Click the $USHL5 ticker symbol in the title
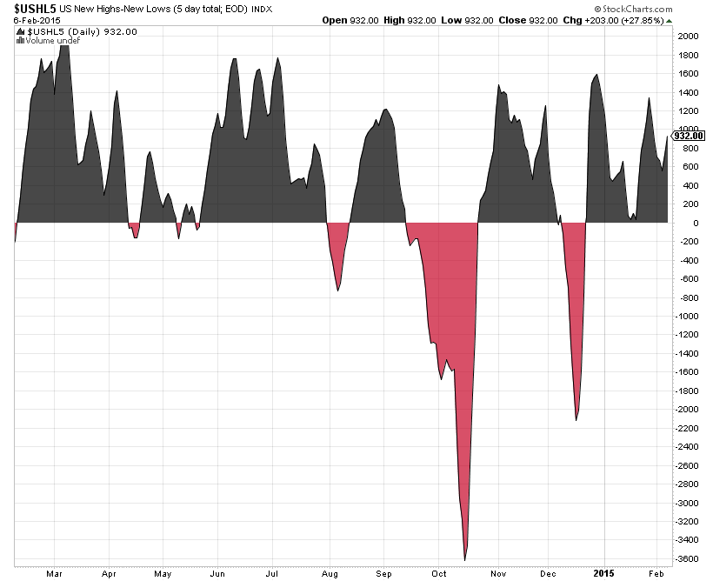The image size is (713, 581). [29, 7]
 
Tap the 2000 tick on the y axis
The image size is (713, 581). [688, 37]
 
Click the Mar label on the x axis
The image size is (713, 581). [55, 573]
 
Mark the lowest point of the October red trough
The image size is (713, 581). [466, 559]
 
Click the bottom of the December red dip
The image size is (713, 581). [576, 420]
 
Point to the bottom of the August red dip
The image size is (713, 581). [337, 290]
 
